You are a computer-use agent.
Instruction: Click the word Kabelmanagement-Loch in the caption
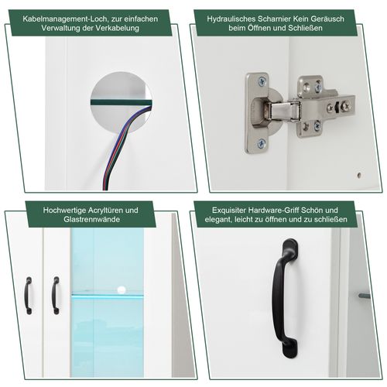[x=57, y=15]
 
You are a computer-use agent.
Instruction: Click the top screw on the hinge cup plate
[x=262, y=81]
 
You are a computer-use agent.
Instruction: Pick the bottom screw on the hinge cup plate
[x=262, y=143]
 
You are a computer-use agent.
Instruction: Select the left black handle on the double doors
[x=28, y=295]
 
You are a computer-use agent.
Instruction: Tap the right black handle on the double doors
[x=55, y=295]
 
